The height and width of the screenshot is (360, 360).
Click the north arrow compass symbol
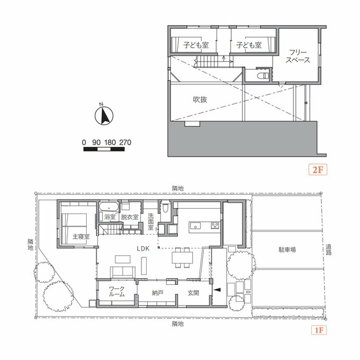pos(104,116)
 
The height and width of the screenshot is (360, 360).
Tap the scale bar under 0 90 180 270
pos(104,149)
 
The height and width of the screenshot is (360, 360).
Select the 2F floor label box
pos(318,170)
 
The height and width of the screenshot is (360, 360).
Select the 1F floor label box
pos(319,330)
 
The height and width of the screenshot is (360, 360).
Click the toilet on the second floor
pos(263,76)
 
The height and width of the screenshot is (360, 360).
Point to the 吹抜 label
pos(200,100)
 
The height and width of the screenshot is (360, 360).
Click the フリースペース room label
pos(298,56)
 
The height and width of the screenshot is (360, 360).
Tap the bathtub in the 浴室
pos(109,208)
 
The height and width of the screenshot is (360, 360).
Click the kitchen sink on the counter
pos(195,226)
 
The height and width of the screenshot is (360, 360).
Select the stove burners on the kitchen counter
pos(215,225)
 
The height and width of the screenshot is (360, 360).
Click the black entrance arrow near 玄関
pos(217,290)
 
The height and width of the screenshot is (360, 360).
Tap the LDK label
pos(143,248)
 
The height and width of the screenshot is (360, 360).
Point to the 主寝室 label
pos(81,236)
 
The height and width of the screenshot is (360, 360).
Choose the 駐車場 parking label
pos(287,249)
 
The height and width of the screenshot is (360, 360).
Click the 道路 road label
pos(329,250)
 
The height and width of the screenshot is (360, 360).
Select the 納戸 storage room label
pos(158,293)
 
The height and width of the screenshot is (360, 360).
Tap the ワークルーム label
pos(116,291)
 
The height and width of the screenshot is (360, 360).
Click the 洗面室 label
pos(150,221)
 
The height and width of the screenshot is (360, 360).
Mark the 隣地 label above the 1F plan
pos(178,188)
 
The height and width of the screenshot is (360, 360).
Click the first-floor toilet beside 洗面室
pos(165,208)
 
